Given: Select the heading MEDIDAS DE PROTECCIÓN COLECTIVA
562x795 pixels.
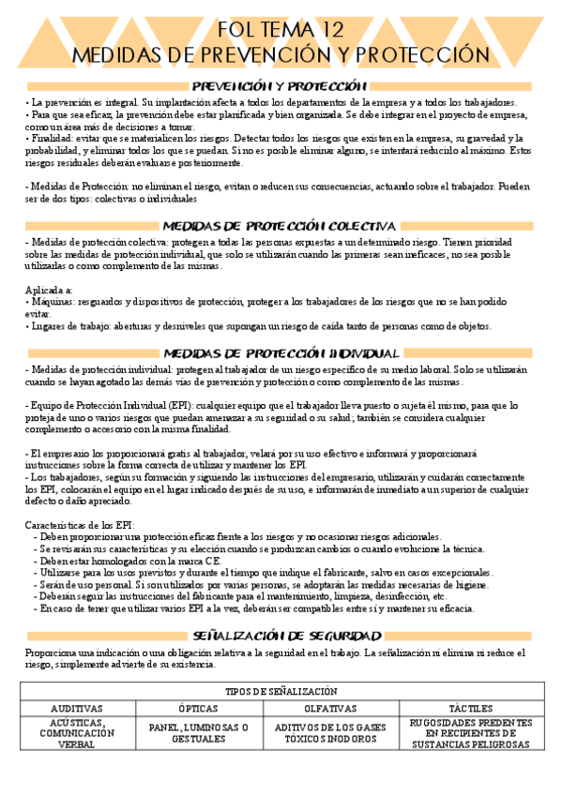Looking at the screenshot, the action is tap(281, 226).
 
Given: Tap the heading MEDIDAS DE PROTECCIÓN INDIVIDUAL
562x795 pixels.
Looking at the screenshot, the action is tap(281, 353).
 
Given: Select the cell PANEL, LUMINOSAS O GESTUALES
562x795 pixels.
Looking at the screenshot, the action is tap(198, 732).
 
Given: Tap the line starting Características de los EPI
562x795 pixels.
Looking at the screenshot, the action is tap(81, 524).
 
